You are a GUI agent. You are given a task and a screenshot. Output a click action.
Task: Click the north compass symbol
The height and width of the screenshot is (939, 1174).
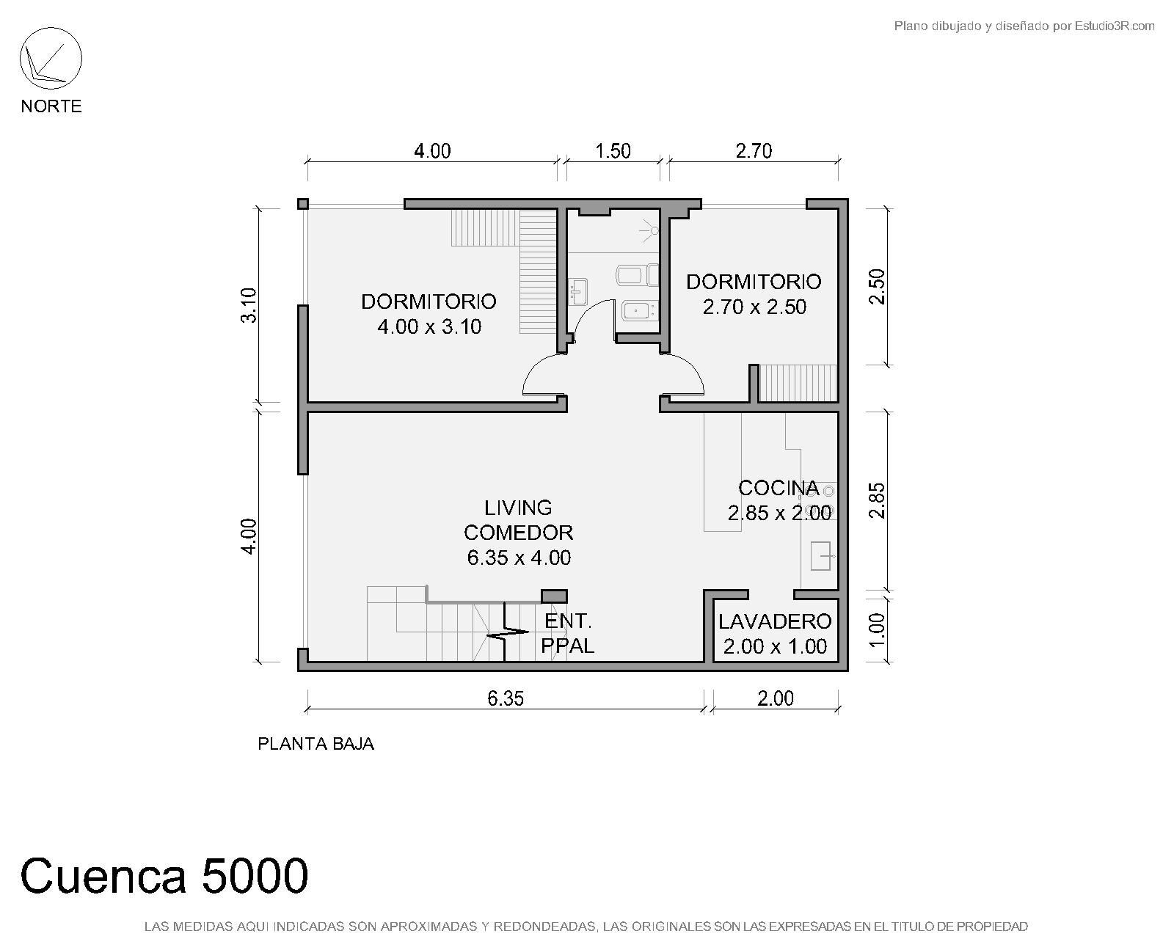pos(51,59)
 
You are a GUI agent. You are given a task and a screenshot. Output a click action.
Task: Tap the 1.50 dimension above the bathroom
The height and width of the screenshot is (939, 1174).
pos(613,151)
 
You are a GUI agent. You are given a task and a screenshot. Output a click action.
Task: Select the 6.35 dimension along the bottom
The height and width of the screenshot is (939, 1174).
pos(506,698)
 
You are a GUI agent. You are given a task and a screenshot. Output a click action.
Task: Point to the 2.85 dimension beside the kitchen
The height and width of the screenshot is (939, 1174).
pos(877,500)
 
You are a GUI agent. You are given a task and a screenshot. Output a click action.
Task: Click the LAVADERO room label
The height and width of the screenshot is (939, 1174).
pos(775,621)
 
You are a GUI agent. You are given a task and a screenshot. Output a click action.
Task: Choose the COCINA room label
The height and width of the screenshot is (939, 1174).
pos(779,488)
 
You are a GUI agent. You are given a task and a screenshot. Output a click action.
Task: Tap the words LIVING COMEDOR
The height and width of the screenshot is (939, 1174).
pos(518,520)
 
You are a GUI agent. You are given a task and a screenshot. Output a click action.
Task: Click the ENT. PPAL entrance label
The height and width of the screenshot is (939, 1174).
pos(567,633)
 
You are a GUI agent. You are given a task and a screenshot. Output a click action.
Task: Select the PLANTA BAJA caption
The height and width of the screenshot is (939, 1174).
pos(316,744)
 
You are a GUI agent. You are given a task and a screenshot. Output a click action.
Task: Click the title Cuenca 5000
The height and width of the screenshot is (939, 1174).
pos(164,876)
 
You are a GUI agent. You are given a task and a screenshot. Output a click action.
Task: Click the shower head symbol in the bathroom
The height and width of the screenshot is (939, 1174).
pos(650,231)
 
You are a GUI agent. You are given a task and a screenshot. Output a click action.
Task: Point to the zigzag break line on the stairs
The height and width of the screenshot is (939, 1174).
pos(507,633)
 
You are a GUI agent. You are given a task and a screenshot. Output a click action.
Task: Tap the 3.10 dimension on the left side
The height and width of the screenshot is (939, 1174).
pos(249,306)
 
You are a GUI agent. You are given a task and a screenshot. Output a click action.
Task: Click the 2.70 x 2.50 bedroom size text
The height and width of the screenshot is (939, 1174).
pos(754,307)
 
